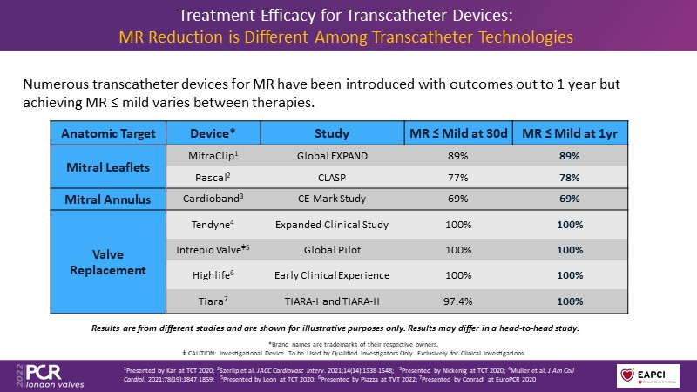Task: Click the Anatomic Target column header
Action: pos(109,133)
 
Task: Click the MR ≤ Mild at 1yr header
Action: pos(570,133)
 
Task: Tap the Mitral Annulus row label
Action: pos(109,199)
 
